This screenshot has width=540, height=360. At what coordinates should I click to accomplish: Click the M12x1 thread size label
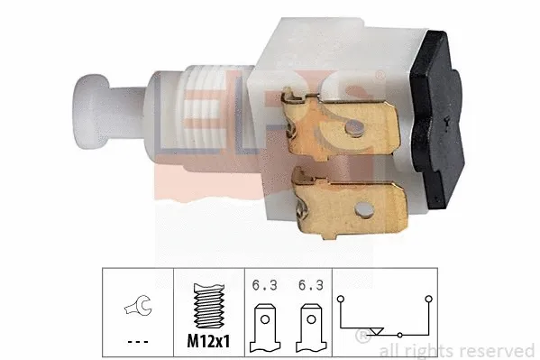pos(209,340)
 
